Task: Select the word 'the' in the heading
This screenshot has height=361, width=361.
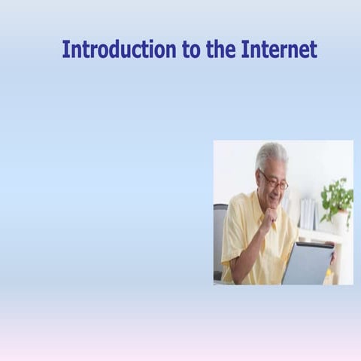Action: [221, 50]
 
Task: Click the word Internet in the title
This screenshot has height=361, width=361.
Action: [279, 50]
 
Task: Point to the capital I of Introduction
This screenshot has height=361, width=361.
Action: [65, 50]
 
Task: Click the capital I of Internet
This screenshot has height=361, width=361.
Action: [245, 50]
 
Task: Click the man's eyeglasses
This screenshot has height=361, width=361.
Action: [274, 181]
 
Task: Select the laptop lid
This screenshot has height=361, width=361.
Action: [307, 262]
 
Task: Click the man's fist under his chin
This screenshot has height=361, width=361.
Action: [268, 219]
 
